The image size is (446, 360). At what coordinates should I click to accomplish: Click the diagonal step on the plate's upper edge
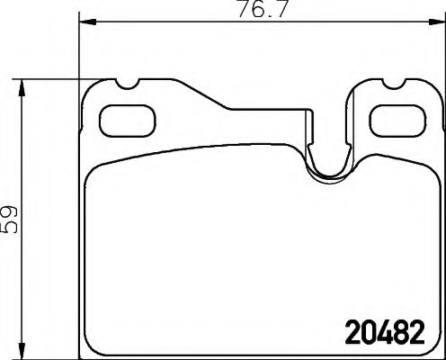click(208, 98)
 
